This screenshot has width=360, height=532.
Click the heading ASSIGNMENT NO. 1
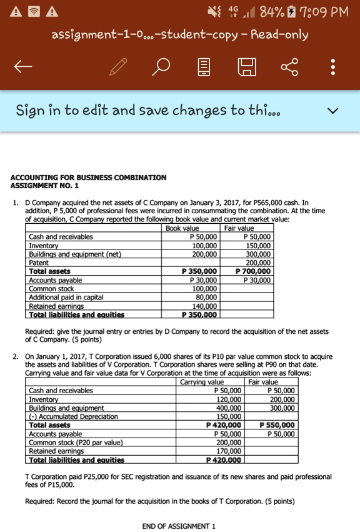(x=46, y=186)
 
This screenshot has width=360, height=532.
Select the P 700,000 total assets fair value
(x=254, y=271)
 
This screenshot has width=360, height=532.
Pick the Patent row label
(x=39, y=263)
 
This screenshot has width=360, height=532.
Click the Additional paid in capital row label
(x=66, y=298)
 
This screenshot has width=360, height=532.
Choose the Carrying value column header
(x=202, y=382)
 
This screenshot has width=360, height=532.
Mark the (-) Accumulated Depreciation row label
(x=73, y=416)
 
